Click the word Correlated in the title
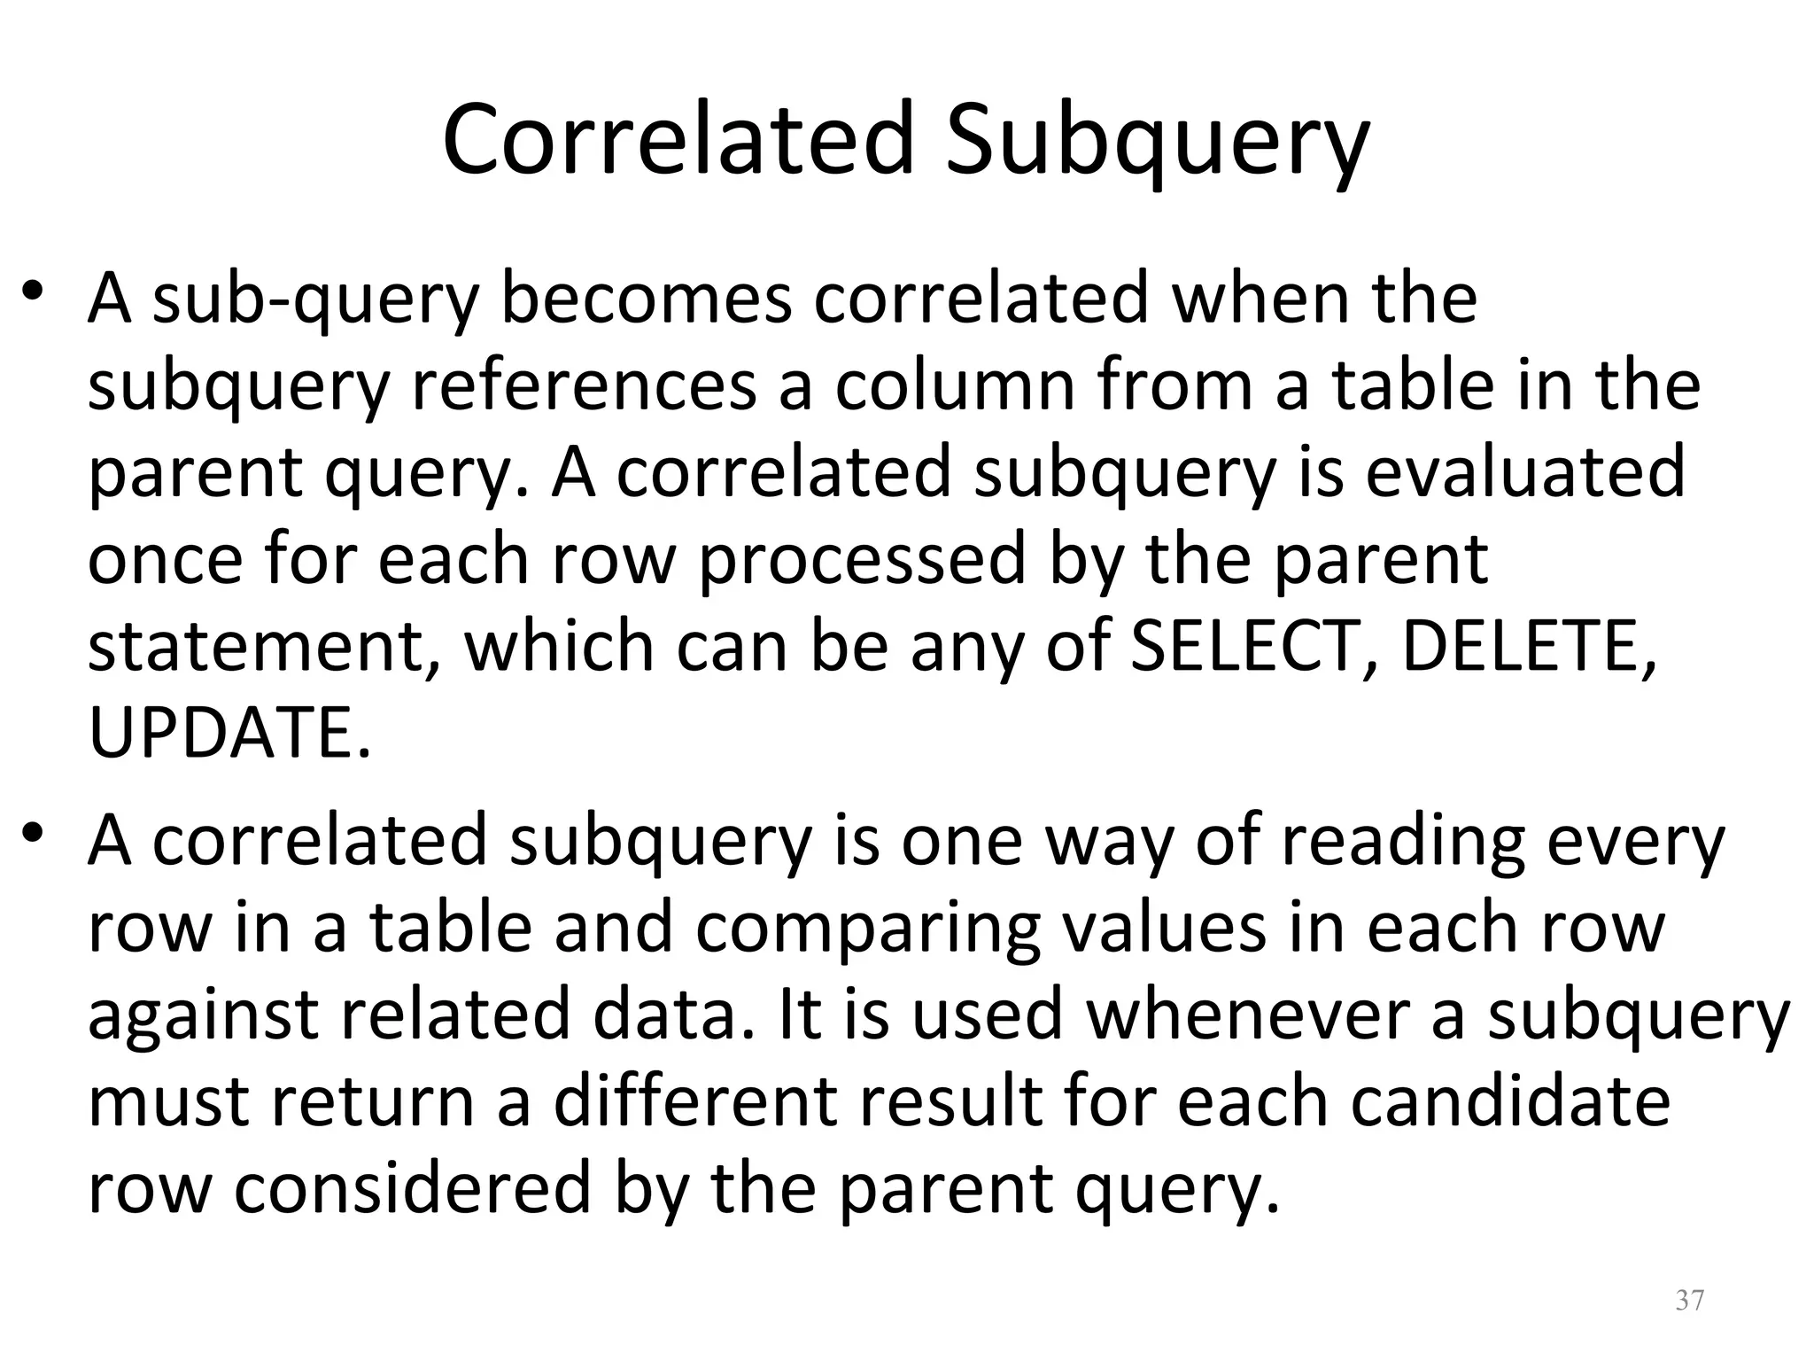point(678,140)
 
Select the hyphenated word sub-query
point(315,299)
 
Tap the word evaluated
point(1525,471)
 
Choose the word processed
point(862,560)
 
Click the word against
point(202,1015)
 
